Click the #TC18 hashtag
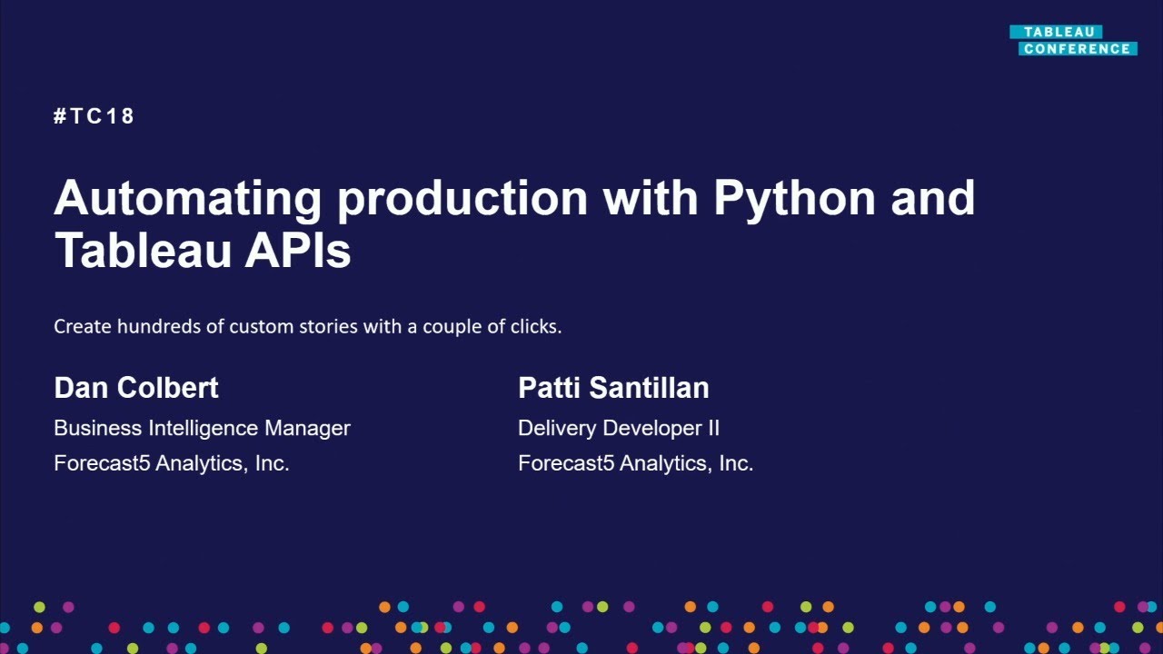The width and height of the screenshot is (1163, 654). (94, 116)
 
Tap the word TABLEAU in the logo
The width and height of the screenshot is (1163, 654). (1059, 32)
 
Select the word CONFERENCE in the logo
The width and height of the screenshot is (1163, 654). (1077, 49)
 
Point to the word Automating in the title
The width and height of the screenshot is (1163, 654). (187, 197)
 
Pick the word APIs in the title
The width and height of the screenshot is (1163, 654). (297, 250)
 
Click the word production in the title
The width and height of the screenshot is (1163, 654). (462, 197)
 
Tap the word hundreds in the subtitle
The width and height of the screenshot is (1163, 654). (158, 326)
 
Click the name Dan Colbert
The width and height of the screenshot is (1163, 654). (136, 388)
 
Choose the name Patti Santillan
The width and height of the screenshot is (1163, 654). (613, 388)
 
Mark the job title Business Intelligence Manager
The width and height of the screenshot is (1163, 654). (202, 428)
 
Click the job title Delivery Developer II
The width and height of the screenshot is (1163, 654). (619, 428)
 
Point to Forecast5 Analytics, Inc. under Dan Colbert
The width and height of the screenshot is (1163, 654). (172, 463)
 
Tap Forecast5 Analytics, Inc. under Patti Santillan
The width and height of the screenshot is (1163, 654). (636, 463)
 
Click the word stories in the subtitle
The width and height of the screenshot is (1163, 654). (329, 326)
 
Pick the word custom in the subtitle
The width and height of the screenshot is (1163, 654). (262, 326)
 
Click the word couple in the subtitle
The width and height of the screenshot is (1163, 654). (452, 326)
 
